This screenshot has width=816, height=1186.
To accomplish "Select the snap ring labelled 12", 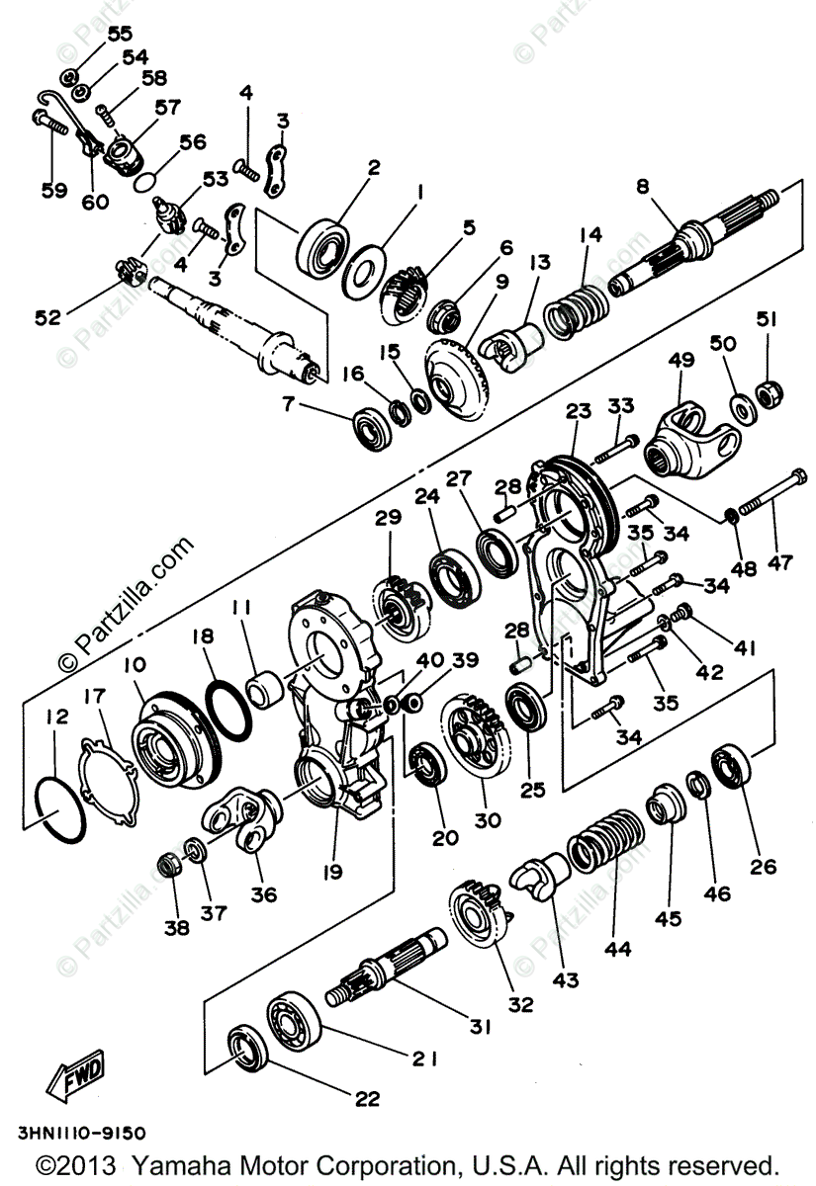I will tap(60, 806).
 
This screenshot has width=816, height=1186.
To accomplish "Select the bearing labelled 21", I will tap(294, 1018).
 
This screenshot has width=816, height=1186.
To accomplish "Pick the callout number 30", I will tap(488, 819).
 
